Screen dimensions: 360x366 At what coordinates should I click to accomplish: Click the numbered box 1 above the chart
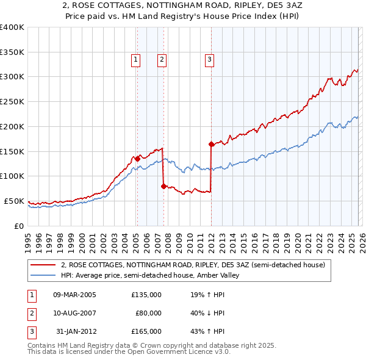coord(135,59)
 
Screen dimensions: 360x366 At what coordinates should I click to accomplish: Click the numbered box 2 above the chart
coord(162,59)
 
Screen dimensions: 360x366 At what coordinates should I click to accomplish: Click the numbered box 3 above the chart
coord(209,59)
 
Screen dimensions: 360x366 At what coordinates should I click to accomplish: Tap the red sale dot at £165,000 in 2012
coord(211,145)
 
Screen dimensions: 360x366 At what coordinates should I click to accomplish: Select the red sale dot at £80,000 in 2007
coord(163,187)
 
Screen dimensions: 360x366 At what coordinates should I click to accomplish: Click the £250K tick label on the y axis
coord(12,101)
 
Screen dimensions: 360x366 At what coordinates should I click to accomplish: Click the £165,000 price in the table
coord(146,331)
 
